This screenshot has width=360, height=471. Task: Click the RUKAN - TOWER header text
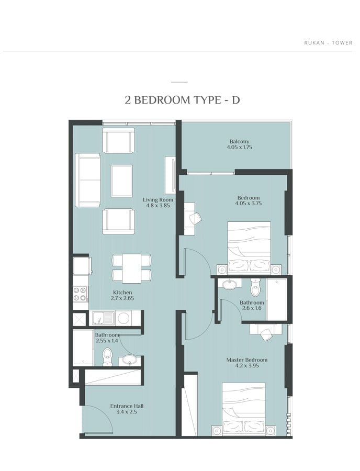[x=328, y=43]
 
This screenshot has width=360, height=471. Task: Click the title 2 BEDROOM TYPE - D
[x=182, y=100]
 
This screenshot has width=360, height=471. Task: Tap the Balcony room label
[x=239, y=141]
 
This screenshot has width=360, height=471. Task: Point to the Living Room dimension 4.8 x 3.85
[x=158, y=206]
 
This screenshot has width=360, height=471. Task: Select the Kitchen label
[x=122, y=292]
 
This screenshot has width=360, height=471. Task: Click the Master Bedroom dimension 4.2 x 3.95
[x=246, y=366]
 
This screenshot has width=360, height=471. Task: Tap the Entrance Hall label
[x=127, y=406]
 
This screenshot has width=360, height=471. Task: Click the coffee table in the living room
[x=121, y=181]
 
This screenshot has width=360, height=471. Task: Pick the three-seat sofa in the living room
[x=87, y=180]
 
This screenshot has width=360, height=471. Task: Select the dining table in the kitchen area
[x=131, y=268]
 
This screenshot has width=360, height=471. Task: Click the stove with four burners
[x=80, y=294]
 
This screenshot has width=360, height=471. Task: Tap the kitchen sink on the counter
[x=103, y=318]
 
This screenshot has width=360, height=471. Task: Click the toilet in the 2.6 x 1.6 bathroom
[x=255, y=288]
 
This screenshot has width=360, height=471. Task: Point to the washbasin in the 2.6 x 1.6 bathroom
[x=230, y=284]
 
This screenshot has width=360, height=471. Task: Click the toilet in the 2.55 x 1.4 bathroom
[x=107, y=357]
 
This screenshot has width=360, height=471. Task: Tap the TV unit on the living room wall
[x=170, y=175]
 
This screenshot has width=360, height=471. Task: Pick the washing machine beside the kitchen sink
[x=123, y=318]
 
